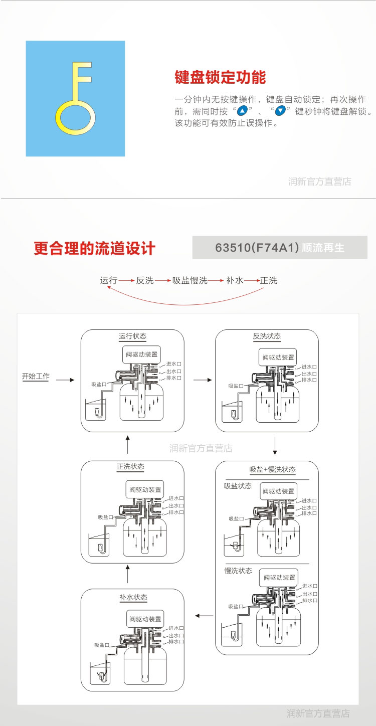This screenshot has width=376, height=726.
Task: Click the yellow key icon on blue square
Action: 75,99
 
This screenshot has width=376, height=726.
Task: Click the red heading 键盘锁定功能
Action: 220,78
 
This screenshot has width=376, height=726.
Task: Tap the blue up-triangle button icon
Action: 243,111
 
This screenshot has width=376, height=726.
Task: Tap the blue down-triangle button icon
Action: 281,111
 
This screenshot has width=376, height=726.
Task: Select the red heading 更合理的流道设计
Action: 95,249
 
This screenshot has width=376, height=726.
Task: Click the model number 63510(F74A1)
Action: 257,248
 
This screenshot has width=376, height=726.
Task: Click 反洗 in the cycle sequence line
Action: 145,281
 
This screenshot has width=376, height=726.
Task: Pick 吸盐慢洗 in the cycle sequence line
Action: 190,281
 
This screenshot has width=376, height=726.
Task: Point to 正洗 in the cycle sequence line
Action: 269,281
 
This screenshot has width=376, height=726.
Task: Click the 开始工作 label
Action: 36,377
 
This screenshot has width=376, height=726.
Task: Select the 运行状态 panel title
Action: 132,336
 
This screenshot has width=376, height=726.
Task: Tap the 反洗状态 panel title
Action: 267,336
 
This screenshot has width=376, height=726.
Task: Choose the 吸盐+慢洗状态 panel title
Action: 273,470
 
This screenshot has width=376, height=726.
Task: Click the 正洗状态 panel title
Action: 130,467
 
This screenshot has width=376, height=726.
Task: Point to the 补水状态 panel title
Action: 133,598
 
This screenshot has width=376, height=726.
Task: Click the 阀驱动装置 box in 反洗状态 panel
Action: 279,357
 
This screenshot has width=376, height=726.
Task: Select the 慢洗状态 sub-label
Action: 238,571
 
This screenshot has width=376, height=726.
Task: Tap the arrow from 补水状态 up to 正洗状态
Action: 128,575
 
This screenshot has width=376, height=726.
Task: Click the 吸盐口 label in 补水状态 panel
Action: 102,645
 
